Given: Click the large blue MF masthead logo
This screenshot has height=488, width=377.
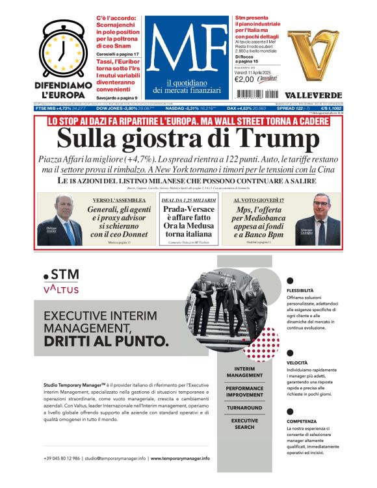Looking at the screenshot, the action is coord(188,48).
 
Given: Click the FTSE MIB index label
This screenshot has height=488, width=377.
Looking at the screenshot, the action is coord(45,108).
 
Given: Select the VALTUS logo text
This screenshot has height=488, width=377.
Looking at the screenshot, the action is coord(62,289).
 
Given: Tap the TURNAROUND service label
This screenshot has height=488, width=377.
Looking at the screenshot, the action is coord(244,408).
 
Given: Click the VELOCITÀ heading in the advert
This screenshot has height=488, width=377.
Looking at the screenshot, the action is coord(297,363).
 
